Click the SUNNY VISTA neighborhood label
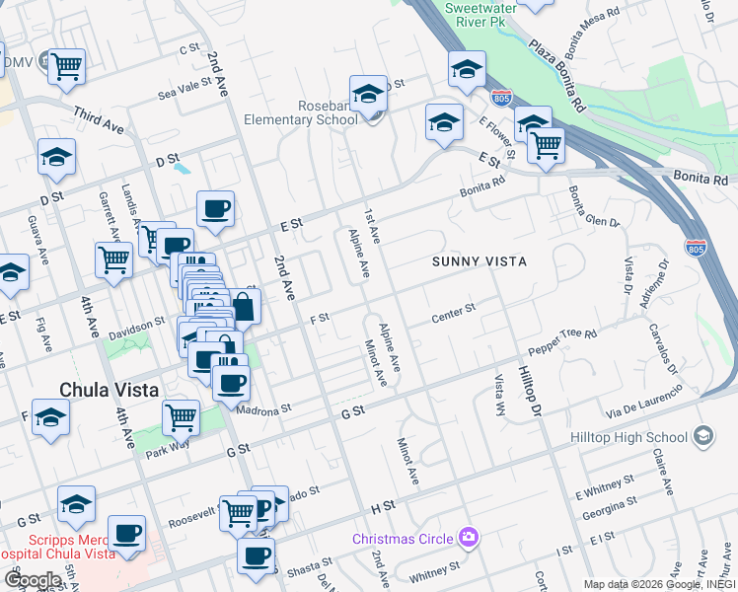[x=479, y=261]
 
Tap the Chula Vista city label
[x=109, y=390]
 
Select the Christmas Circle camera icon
[x=470, y=538]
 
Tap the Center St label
[x=454, y=313]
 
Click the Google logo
[x=32, y=580]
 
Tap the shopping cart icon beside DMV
[x=67, y=66]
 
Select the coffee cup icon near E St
[x=215, y=208]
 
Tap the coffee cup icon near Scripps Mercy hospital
[x=126, y=533]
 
